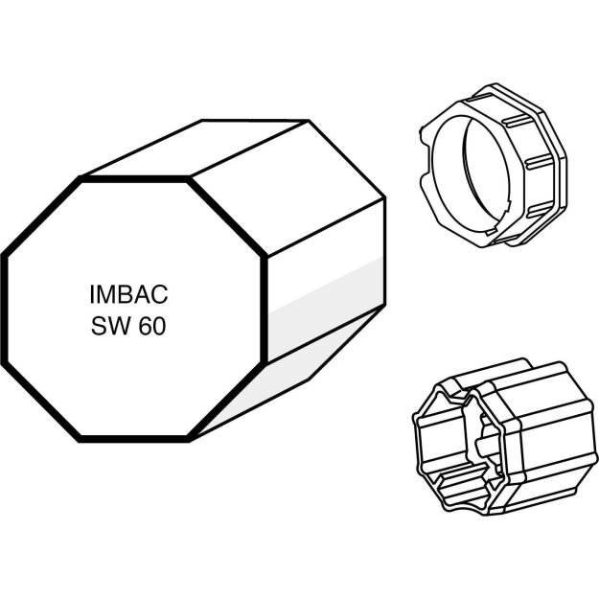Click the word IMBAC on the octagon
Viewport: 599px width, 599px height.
(x=128, y=294)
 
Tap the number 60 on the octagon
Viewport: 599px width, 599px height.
(x=152, y=326)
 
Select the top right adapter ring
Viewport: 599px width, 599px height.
(x=493, y=165)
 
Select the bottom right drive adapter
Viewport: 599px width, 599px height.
(x=504, y=436)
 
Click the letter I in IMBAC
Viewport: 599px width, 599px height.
(x=92, y=294)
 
